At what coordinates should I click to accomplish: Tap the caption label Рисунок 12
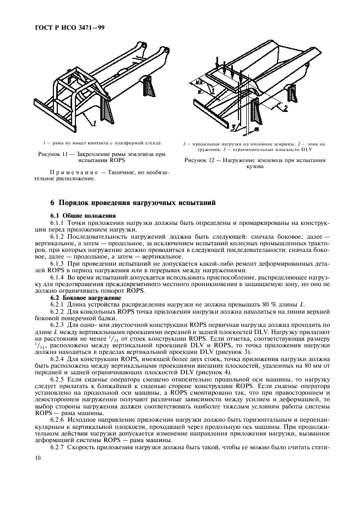point(204,160)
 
